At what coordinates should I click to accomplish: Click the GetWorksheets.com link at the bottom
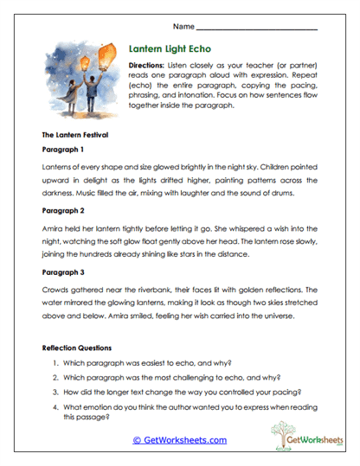pyautogui.click(x=180, y=440)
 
